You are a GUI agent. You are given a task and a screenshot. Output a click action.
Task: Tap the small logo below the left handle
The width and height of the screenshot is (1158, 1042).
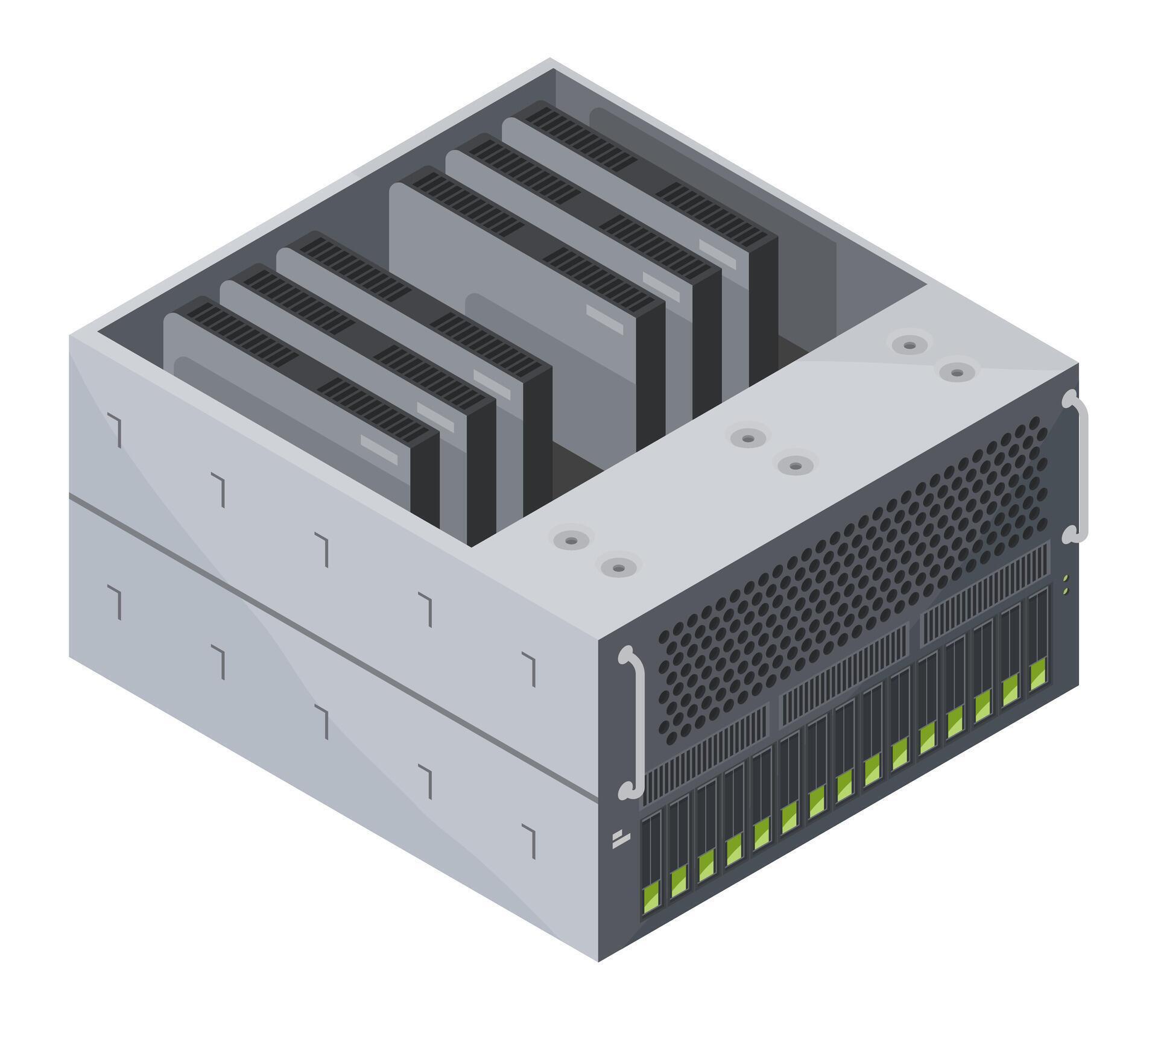pos(620,839)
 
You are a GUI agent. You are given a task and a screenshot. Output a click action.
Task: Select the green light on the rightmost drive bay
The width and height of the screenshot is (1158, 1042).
pos(1038,675)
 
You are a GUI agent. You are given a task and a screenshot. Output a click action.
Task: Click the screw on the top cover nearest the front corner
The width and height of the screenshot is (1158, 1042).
pos(617,567)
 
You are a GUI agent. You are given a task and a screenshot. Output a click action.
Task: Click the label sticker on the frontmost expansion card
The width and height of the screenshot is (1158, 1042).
pos(379,450)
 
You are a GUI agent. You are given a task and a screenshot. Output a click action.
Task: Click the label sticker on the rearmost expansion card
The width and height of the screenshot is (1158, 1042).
pos(717,253)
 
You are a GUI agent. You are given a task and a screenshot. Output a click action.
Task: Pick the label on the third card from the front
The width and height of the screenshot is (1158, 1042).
pos(492,384)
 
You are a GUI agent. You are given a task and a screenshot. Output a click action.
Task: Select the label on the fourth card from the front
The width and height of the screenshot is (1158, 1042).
pos(604,318)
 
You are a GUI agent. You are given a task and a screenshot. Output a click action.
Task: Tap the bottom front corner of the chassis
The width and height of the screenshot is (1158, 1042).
pos(598,977)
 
